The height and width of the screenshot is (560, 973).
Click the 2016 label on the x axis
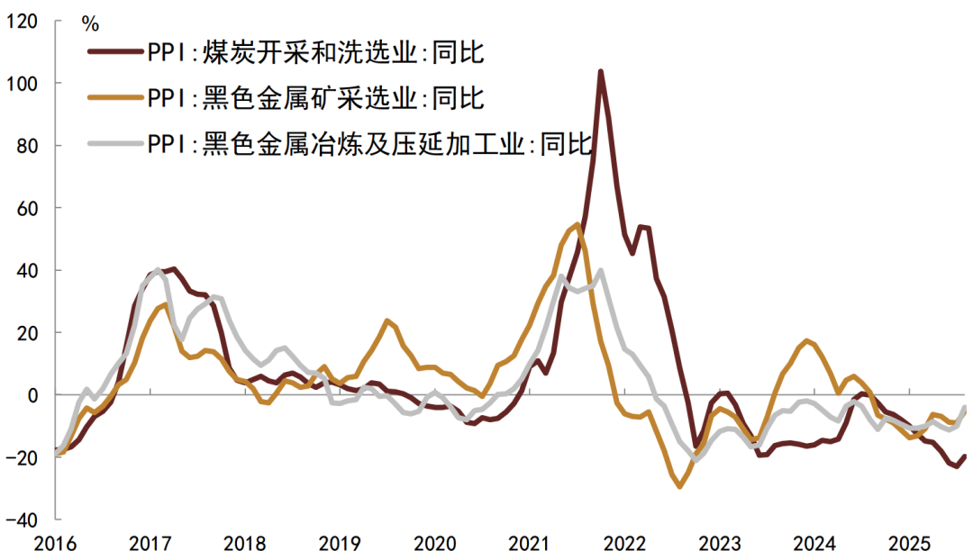click(56, 544)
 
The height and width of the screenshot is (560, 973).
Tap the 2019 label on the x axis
click(340, 544)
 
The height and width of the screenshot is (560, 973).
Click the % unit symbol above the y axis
click(90, 21)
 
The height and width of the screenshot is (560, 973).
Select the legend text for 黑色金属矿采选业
click(316, 97)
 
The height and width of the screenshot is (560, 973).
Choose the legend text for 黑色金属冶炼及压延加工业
click(369, 142)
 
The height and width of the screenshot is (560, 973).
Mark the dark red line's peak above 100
click(600, 71)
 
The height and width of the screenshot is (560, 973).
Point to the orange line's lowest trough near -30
click(679, 486)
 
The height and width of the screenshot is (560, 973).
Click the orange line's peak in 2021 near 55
click(577, 224)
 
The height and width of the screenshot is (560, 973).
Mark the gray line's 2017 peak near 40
click(159, 269)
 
